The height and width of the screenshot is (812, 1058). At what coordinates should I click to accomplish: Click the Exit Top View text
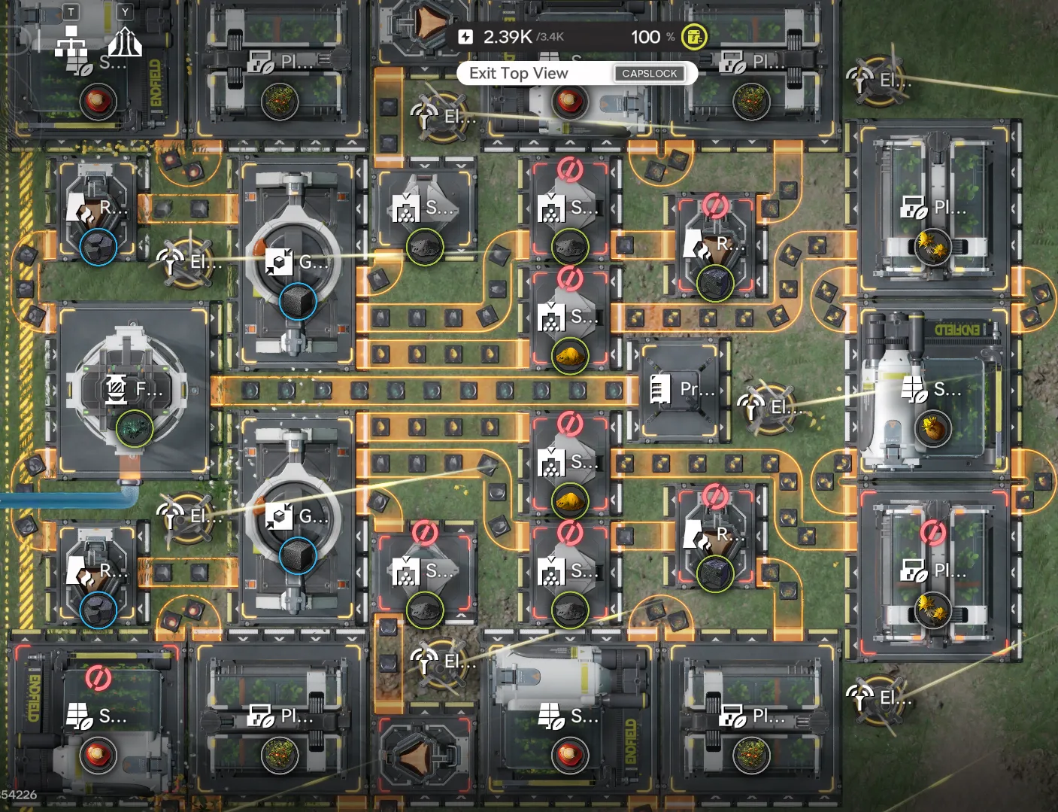(x=518, y=73)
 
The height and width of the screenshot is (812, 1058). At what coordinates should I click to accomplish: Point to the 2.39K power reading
(x=507, y=36)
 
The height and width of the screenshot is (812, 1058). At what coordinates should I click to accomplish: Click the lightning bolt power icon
(x=465, y=36)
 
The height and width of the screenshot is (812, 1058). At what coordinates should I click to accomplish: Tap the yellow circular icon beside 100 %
(x=693, y=36)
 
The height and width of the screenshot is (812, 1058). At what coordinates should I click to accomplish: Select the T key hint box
(x=71, y=11)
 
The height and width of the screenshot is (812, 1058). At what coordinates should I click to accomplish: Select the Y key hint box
(x=125, y=11)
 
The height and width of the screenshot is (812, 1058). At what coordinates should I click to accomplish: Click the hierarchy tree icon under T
(x=71, y=41)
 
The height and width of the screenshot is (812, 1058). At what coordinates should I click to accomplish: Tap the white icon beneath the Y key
(x=125, y=42)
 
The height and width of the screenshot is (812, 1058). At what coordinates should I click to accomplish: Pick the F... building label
(x=148, y=389)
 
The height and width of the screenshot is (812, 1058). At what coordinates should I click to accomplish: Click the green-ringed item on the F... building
(x=135, y=428)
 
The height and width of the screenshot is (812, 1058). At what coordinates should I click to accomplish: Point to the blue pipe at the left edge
(x=60, y=499)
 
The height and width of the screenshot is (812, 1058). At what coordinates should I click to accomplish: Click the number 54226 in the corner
(x=19, y=795)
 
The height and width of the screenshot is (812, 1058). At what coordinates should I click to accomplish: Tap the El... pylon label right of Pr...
(x=786, y=407)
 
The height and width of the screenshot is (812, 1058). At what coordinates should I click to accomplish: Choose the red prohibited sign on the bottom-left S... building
(x=97, y=677)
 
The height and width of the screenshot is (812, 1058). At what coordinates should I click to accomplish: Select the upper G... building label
(x=312, y=262)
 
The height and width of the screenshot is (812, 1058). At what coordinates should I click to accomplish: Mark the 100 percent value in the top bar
(x=645, y=36)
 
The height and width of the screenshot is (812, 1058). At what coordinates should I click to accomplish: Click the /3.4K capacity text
(x=551, y=37)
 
